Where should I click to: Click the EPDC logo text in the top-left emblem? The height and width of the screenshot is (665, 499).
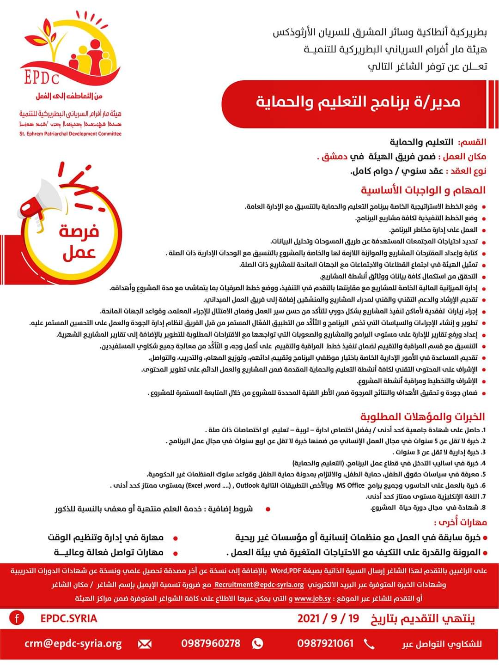pyautogui.click(x=42, y=77)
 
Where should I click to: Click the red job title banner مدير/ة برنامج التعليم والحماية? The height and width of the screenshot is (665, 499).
pyautogui.click(x=358, y=101)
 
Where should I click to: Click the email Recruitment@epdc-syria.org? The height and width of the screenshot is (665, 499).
pyautogui.click(x=259, y=585)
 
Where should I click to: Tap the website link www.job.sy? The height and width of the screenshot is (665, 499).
pyautogui.click(x=313, y=598)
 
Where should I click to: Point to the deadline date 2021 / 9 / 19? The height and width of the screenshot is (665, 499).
pyautogui.click(x=328, y=618)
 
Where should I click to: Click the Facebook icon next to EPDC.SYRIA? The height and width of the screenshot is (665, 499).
pyautogui.click(x=17, y=618)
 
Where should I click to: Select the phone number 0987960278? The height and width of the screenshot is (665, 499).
pyautogui.click(x=211, y=643)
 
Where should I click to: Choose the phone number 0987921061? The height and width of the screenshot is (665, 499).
pyautogui.click(x=325, y=643)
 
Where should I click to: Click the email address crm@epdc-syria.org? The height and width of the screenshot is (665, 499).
pyautogui.click(x=73, y=643)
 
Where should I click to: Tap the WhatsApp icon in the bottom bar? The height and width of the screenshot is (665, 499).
pyautogui.click(x=257, y=643)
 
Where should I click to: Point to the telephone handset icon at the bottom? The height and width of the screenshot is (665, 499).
pyautogui.click(x=370, y=643)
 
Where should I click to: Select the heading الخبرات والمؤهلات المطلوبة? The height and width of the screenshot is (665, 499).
pyautogui.click(x=422, y=417)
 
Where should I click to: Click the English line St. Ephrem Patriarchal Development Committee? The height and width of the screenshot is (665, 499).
pyautogui.click(x=70, y=134)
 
